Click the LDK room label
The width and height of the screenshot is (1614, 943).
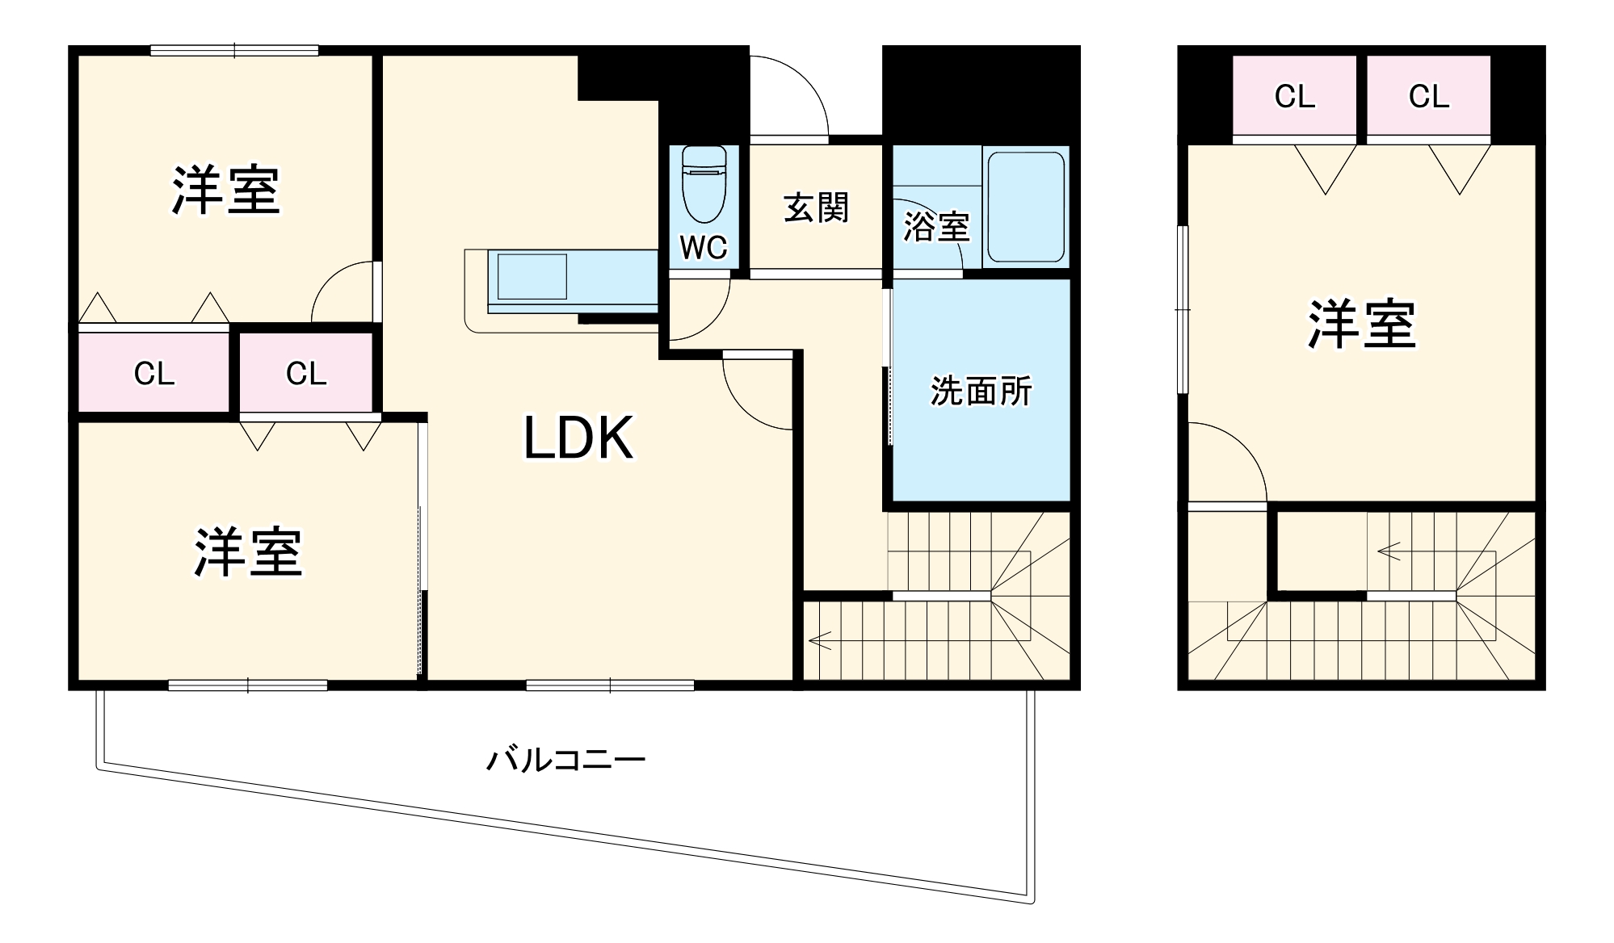578,438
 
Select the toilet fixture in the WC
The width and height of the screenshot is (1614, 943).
704,184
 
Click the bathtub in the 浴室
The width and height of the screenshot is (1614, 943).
1025,207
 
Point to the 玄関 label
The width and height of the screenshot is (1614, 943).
816,208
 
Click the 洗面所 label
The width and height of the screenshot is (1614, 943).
981,392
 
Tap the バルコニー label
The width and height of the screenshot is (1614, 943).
565,760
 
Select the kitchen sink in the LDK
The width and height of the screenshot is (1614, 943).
532,276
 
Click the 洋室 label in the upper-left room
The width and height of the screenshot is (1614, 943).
226,191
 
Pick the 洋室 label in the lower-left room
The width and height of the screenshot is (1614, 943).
248,553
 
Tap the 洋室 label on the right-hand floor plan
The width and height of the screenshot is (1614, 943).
1362,325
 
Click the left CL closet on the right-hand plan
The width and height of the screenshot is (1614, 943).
1294,97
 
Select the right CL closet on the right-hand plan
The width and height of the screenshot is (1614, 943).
1428,97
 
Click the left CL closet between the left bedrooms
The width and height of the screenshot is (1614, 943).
153,374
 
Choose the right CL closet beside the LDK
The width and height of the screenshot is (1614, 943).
306,374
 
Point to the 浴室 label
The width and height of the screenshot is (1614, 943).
935,227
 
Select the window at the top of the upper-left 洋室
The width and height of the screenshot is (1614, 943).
234,51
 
